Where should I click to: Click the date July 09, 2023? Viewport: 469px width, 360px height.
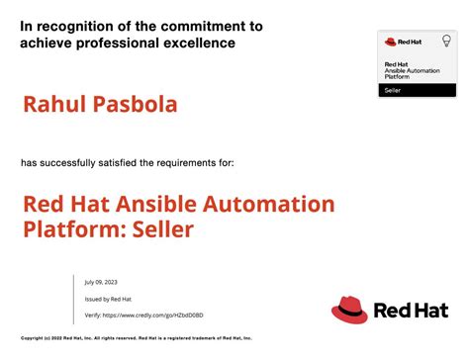pyautogui.click(x=101, y=282)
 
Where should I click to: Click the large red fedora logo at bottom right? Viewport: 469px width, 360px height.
pyautogui.click(x=350, y=310)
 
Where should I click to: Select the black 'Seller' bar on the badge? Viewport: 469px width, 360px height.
pyautogui.click(x=418, y=90)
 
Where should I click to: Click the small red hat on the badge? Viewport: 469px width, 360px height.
pyautogui.click(x=390, y=42)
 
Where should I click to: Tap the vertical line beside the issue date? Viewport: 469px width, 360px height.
pyautogui.click(x=74, y=298)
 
